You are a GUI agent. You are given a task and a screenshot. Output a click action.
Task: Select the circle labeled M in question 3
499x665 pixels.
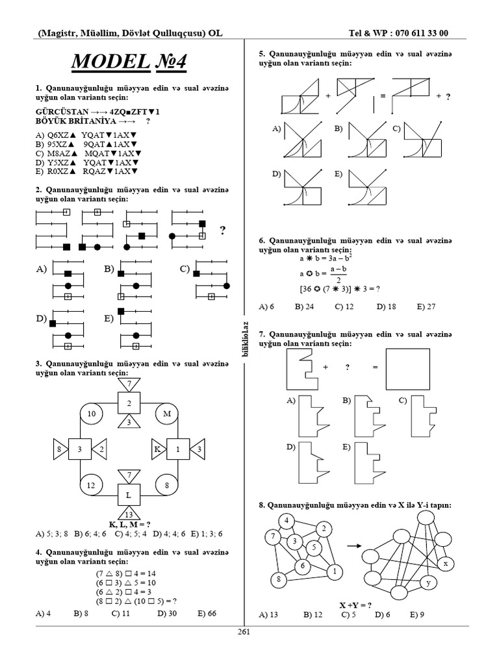point(166,414)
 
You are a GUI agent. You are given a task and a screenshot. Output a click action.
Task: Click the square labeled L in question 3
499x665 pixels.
point(129,495)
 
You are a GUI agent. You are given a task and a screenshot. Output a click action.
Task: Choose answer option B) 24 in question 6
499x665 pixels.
point(305,306)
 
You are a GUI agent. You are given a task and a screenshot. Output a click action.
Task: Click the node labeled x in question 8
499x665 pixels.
point(445,564)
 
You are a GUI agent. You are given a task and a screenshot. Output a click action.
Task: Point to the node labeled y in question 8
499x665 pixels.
point(428,584)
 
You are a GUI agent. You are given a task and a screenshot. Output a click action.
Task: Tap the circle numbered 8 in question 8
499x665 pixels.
point(278,578)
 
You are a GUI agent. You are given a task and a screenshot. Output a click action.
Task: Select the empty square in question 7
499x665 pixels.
point(407,368)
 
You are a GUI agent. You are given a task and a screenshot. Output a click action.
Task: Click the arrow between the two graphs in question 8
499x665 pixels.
point(354,546)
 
